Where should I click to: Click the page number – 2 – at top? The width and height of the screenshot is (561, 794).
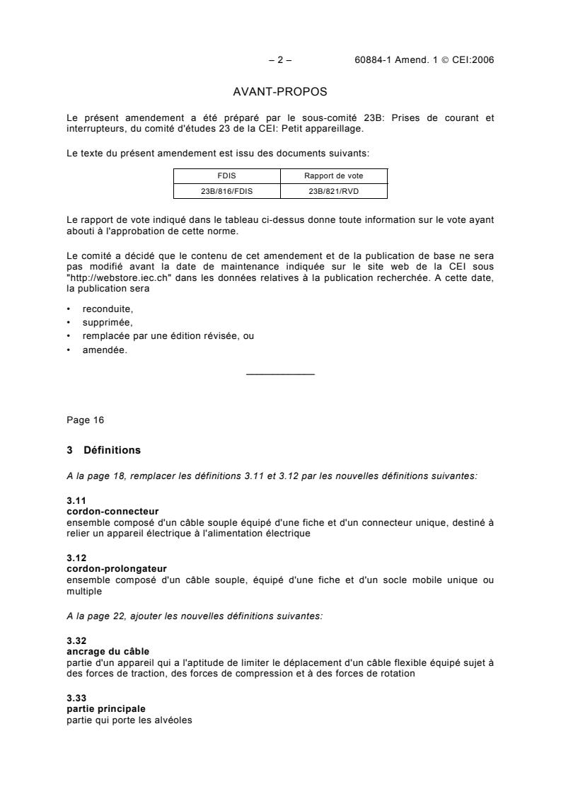click(280, 60)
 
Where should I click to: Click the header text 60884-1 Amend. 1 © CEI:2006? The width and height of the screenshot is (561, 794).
click(424, 60)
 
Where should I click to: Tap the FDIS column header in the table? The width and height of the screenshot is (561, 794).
click(227, 176)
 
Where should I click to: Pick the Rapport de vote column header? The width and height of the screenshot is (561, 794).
click(334, 176)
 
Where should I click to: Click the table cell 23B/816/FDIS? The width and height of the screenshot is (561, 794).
click(227, 190)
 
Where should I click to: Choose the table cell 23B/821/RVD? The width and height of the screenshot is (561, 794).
click(334, 190)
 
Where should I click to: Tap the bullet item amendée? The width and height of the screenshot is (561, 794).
click(105, 349)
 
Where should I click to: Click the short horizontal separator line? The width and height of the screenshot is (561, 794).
click(280, 374)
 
